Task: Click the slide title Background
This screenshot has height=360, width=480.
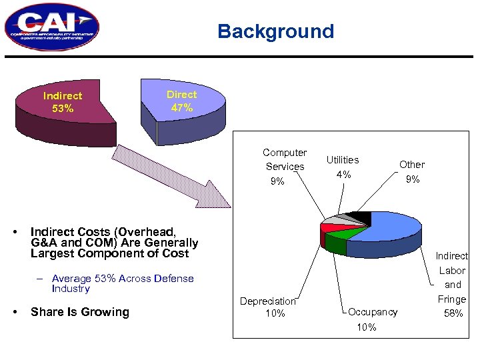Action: click(x=275, y=31)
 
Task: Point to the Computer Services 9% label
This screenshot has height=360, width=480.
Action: click(x=285, y=167)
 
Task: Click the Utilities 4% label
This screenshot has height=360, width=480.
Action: click(x=343, y=167)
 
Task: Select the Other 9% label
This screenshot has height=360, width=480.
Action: click(x=412, y=171)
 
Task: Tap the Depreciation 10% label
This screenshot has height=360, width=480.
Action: click(x=270, y=307)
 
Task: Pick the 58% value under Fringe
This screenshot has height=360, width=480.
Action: click(x=453, y=313)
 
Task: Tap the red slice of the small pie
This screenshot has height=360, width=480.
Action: click(x=327, y=228)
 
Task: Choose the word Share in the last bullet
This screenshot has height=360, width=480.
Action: click(x=47, y=312)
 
